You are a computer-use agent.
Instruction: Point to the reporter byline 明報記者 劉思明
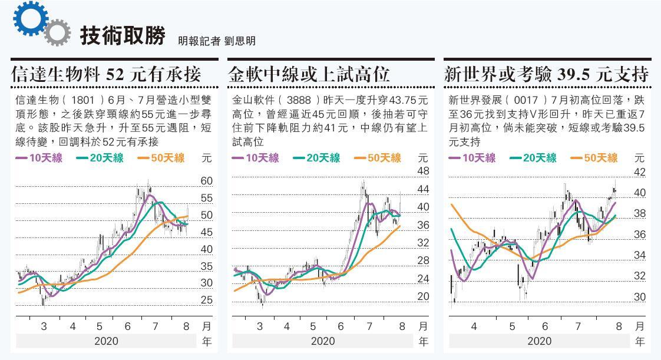(217, 41)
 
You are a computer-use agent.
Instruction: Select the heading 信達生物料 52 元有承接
(107, 75)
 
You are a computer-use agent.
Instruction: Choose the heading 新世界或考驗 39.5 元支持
(546, 75)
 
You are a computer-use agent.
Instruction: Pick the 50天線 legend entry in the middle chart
(377, 158)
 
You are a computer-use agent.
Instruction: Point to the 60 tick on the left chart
(206, 181)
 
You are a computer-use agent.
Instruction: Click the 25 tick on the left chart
(206, 300)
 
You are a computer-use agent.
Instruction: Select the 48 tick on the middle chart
(423, 171)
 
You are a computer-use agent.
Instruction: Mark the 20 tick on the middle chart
(423, 296)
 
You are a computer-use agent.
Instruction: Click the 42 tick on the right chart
(640, 173)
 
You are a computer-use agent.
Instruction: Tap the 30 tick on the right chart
(640, 298)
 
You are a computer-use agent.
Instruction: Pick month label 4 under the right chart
(474, 326)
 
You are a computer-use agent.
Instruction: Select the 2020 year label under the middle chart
(323, 341)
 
